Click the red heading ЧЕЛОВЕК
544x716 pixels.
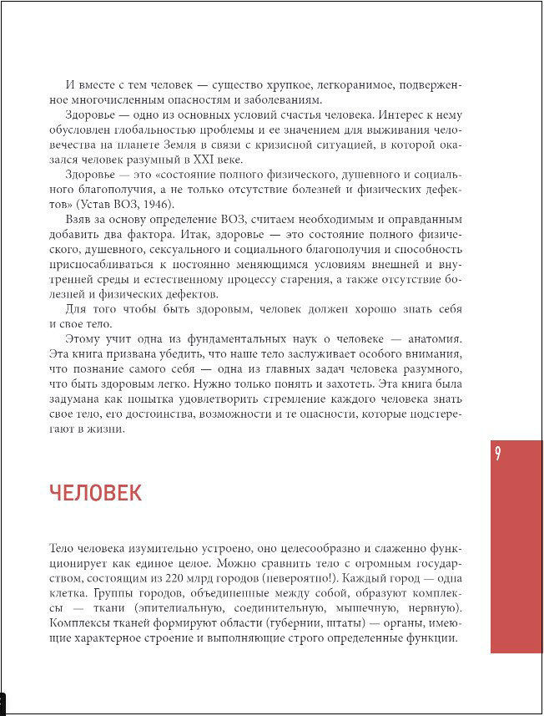click(x=95, y=493)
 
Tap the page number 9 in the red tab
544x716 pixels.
click(x=497, y=454)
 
